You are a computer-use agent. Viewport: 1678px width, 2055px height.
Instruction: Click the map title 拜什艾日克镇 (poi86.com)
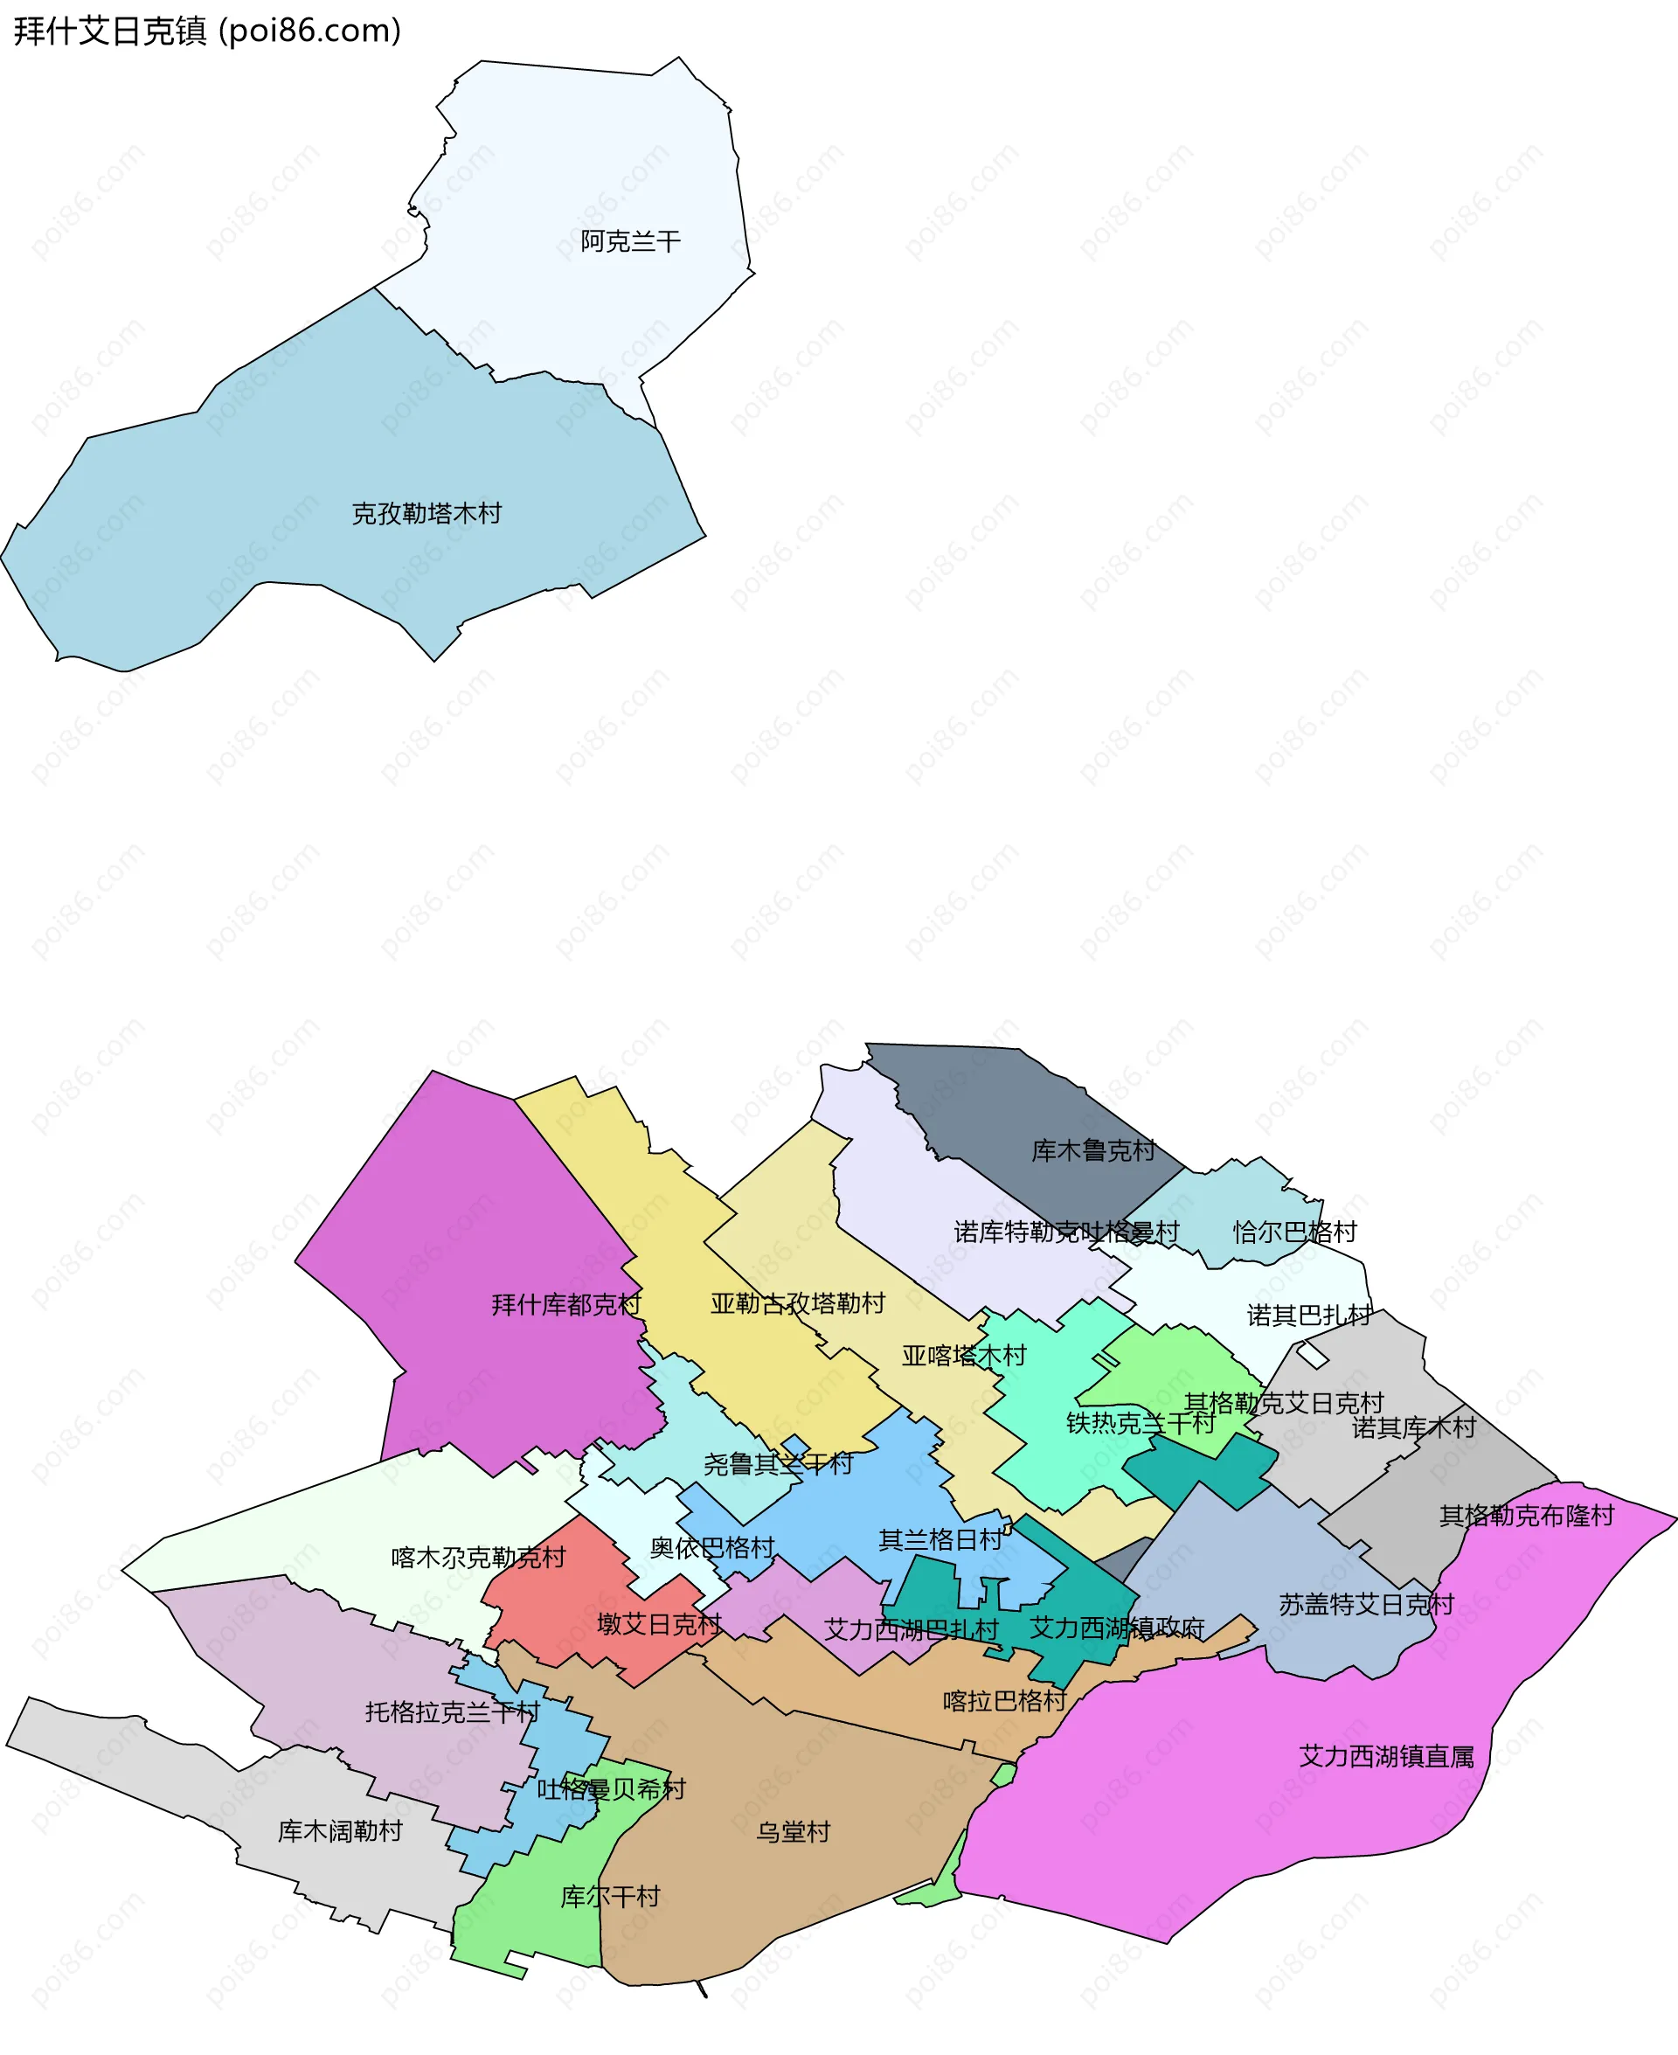207,31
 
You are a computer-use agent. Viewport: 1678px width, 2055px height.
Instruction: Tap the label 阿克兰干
630,240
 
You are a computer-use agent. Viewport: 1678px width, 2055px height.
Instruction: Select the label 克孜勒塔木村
426,513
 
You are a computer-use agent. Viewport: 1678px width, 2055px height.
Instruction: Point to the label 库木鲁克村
1093,1150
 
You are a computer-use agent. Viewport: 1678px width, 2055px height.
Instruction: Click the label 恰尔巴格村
1294,1232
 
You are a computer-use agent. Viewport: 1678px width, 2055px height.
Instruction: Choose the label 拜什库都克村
566,1305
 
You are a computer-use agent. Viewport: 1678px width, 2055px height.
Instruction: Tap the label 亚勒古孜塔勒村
797,1303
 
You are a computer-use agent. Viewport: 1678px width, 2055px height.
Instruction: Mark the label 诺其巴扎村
1309,1315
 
